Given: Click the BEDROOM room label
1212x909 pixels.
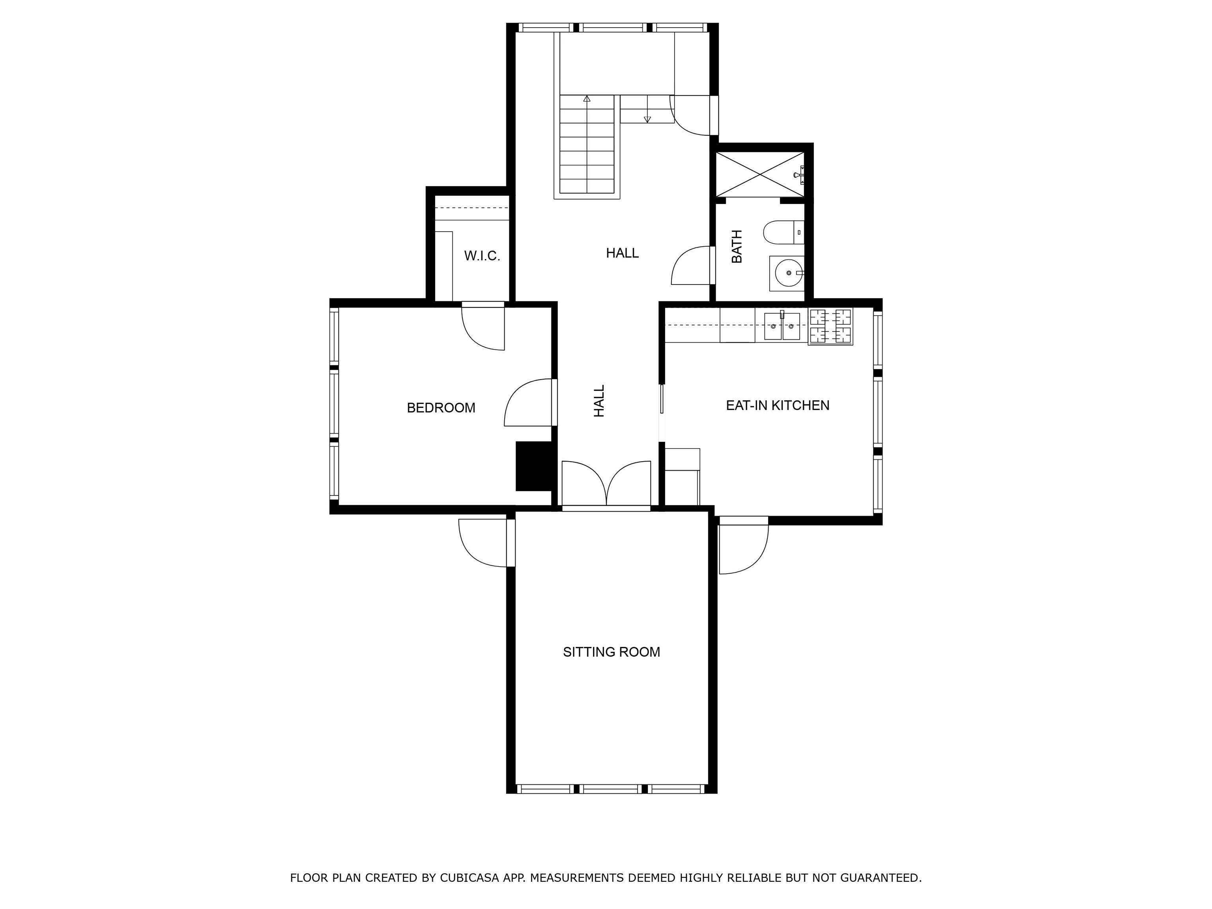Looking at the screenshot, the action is pos(441,408).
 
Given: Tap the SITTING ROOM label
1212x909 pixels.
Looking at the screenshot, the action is pos(612,652).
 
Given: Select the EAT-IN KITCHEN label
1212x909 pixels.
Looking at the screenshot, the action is pos(778,406).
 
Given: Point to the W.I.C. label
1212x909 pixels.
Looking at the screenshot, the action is pos(482,256).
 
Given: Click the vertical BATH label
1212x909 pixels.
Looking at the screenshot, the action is pos(737,247).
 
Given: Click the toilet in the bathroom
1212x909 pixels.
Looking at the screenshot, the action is pos(784,232).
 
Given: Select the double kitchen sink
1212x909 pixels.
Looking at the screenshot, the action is pos(782,325).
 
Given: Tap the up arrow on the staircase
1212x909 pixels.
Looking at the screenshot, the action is pos(587,99).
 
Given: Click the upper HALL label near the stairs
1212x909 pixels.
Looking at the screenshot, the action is pos(623,253).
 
